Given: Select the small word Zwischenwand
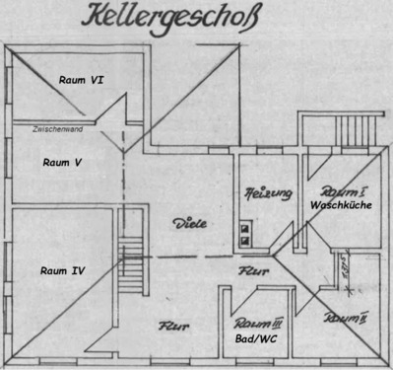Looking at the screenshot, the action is (x=56, y=129).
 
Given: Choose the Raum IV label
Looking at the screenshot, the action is (x=61, y=268).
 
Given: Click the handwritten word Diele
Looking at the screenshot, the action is (x=189, y=223).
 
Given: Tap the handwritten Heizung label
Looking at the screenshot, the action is (x=268, y=193).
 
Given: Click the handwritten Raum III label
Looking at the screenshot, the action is (x=259, y=323).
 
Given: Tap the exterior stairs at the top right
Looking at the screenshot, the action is (x=344, y=127).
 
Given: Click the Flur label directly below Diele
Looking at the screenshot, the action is (x=247, y=267).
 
